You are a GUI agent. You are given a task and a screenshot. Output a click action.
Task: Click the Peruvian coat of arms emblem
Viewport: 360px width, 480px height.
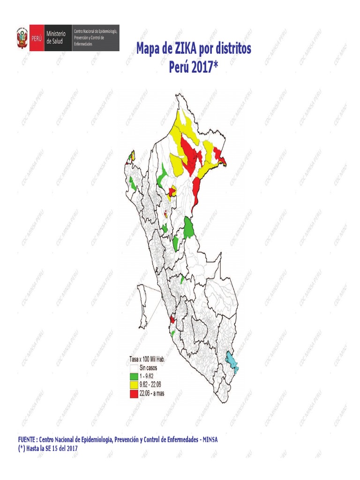pyautogui.click(x=22, y=38)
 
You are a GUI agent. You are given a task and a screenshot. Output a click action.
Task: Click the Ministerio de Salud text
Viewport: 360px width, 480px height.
pyautogui.click(x=57, y=38)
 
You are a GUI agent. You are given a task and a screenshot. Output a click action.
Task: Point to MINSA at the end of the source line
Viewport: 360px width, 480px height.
pyautogui.click(x=210, y=440)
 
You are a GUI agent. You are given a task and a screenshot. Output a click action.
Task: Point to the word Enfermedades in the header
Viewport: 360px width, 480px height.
pyautogui.click(x=83, y=44)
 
